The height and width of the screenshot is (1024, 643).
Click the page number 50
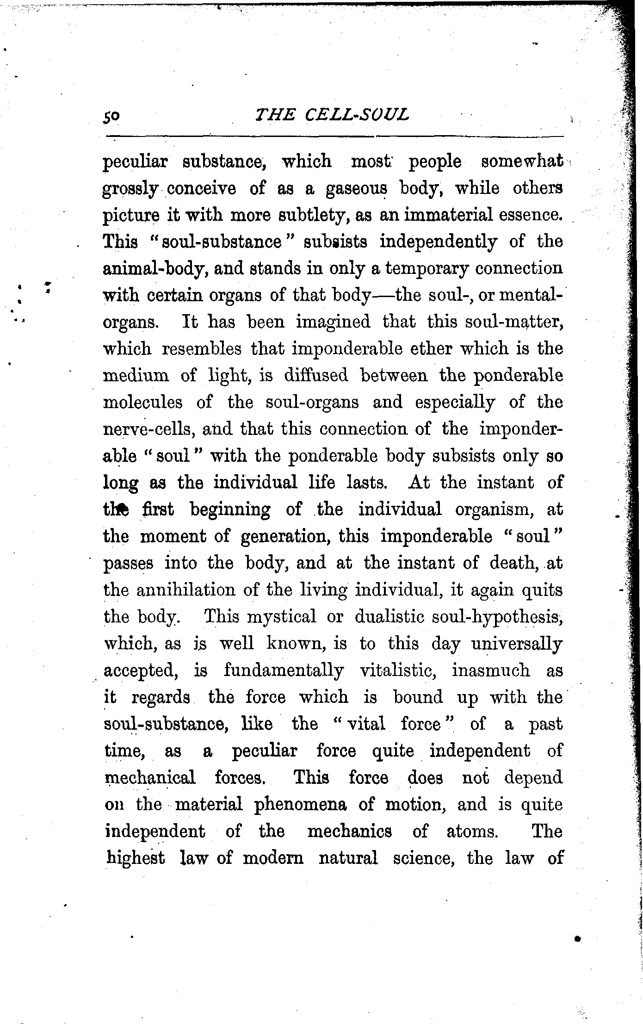click(112, 116)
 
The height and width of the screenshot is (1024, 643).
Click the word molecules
click(143, 402)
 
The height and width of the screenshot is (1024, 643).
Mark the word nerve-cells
click(146, 429)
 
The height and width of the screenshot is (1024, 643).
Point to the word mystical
click(282, 617)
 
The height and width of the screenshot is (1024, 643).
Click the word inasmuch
click(491, 670)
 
